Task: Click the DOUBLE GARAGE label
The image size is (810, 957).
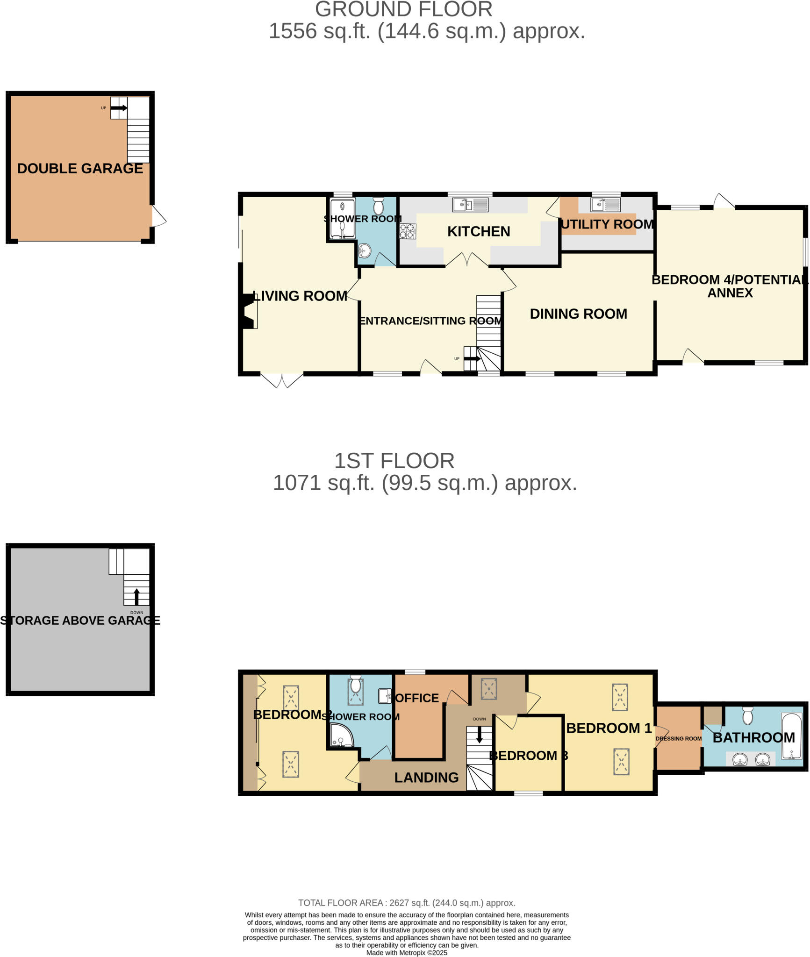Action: tap(80, 169)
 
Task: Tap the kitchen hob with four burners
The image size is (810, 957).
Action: tap(407, 231)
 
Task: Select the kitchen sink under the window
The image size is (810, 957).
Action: tap(470, 205)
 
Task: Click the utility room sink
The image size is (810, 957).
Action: tap(606, 205)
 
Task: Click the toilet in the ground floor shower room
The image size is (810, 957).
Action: tap(379, 206)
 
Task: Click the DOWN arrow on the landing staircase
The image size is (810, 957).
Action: tap(480, 736)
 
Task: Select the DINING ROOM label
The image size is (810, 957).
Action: tap(578, 314)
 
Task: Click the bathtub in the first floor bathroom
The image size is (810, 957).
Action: tap(792, 736)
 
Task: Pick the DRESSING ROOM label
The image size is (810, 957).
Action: tap(678, 739)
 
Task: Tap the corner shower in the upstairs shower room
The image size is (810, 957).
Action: tap(341, 736)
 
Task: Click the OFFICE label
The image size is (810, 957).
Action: tap(417, 698)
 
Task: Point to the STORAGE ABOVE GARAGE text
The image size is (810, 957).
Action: tap(80, 621)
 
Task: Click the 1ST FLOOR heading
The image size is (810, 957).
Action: tap(394, 461)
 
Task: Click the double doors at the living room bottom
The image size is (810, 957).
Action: tap(282, 379)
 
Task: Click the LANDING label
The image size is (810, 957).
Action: tap(426, 778)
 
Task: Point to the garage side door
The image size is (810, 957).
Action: tap(158, 217)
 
